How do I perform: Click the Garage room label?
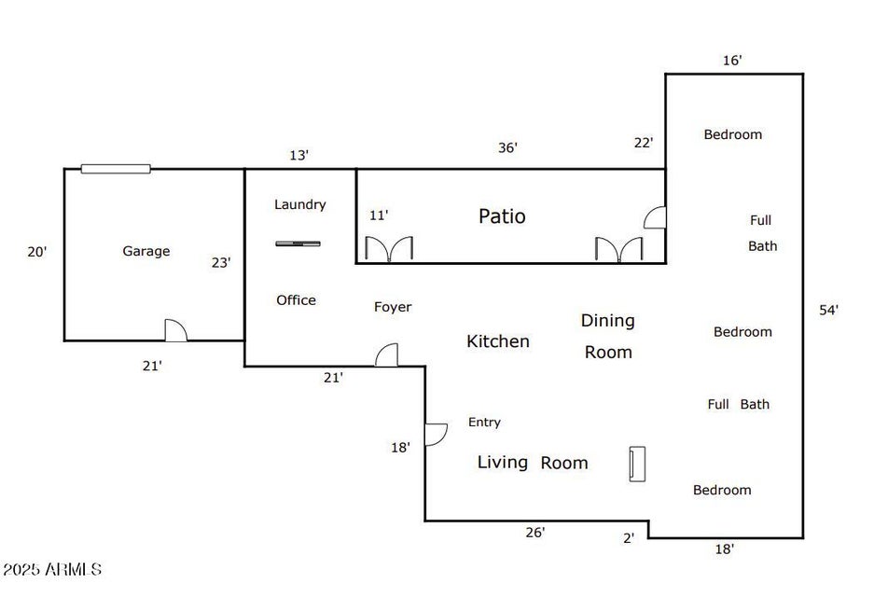pos(146,251)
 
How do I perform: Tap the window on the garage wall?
pos(116,169)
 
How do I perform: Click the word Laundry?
pos(299,204)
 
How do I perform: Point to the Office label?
pos(296,300)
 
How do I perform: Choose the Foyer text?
pos(393,307)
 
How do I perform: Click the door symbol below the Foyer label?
pos(386,355)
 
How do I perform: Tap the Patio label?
pos(502,216)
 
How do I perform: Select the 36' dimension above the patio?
pos(507,147)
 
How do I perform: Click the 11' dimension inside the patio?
pos(379,215)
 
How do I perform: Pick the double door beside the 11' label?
pos(389,249)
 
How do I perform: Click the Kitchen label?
pos(498,341)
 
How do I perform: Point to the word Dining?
pos(608,321)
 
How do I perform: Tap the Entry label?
pos(484,423)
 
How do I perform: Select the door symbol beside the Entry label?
pos(436,435)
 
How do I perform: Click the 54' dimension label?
pos(828,311)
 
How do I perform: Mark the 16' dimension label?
pos(732,61)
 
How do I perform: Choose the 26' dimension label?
pos(534,533)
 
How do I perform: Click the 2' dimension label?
pos(629,537)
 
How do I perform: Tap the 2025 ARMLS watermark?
pos(52,569)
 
